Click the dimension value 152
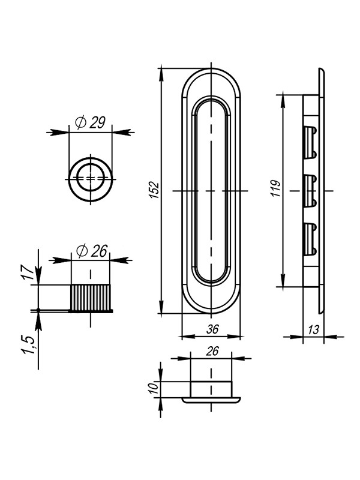[x=155, y=190]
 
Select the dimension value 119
[x=276, y=188]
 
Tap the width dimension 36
[x=212, y=329]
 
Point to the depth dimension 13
[x=313, y=329]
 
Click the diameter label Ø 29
[x=90, y=123]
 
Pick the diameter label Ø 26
[x=92, y=251]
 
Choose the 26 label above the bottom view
[x=212, y=351]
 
